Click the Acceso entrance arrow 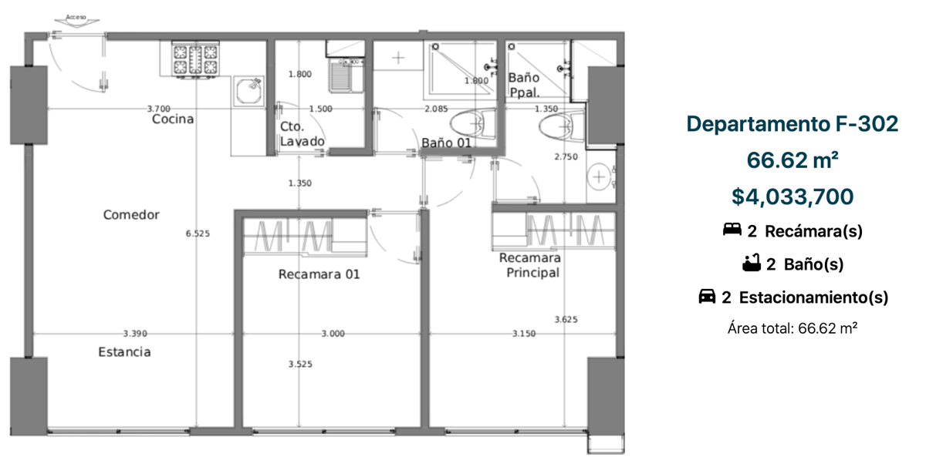coord(76,22)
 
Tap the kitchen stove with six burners coord(195,59)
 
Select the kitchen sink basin coord(248,91)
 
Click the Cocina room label coord(173,119)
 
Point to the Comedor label coord(131,215)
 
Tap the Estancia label coord(124,352)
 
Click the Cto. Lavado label coord(302,134)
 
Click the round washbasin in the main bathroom coord(599,176)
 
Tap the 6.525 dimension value coord(198,234)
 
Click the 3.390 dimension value coord(135,334)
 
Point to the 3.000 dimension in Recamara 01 coord(333,334)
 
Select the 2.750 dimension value coord(566,157)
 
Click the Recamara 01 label coord(319,274)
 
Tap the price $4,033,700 coord(793,197)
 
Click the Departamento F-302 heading coord(793,124)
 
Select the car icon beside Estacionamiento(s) coord(707,296)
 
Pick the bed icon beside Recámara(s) coord(732,229)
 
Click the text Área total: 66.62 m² coord(793,328)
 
